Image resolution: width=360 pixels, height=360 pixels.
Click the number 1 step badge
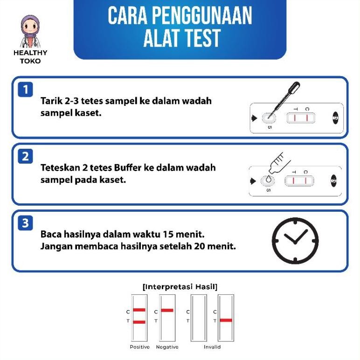tap(26, 89)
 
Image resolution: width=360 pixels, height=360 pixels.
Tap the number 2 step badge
tap(26, 156)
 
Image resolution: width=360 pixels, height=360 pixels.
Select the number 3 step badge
tap(26, 223)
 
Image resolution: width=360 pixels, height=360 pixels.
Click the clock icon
tap(295, 241)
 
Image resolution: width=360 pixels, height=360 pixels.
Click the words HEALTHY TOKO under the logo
tap(30, 57)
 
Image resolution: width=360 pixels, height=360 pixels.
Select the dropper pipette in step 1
tap(284, 97)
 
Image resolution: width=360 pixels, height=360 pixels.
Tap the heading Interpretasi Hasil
tap(180, 286)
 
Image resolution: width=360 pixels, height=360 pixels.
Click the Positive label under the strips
tap(139, 347)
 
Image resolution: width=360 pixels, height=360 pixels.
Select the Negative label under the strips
tap(167, 347)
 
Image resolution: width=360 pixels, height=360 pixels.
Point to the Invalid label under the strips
tap(212, 347)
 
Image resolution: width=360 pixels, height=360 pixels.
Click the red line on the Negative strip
tap(167, 310)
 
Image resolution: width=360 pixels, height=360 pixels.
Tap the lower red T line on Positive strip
tap(139, 322)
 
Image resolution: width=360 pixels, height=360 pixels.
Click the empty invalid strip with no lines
tap(199, 318)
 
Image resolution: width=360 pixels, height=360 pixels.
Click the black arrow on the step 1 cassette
tap(254, 118)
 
